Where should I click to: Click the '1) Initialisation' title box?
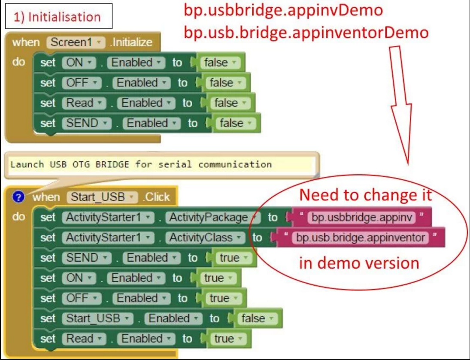(x=59, y=16)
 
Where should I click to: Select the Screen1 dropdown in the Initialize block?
(x=76, y=42)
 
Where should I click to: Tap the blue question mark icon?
(x=18, y=197)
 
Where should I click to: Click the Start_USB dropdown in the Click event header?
(x=102, y=197)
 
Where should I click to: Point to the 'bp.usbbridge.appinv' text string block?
(x=362, y=217)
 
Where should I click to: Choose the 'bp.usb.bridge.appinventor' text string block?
(x=361, y=237)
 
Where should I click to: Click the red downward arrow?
(x=401, y=105)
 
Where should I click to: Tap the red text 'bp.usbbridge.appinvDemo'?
(x=283, y=10)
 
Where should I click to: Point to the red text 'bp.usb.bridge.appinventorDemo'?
(x=306, y=32)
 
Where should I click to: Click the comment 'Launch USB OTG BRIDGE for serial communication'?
(x=141, y=164)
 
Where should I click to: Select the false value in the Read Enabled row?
(x=230, y=103)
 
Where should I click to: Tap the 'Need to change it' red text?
(x=366, y=195)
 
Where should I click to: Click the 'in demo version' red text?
(x=359, y=263)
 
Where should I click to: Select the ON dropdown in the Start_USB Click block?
(x=79, y=278)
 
